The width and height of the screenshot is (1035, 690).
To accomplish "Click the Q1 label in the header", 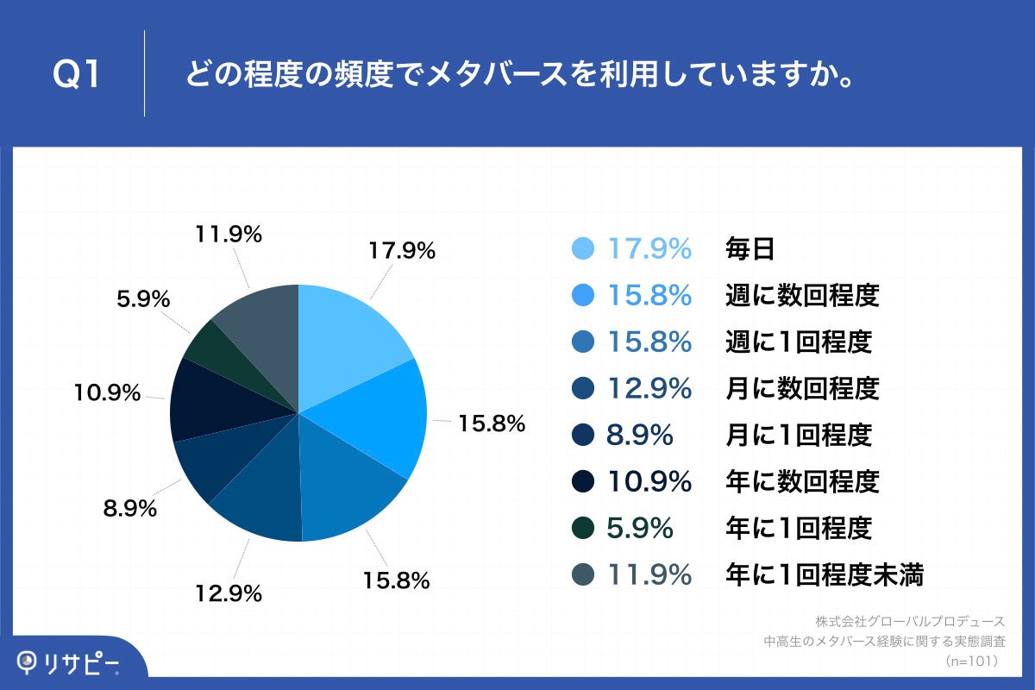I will click(78, 74).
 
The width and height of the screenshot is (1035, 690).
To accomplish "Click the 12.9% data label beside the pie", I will click(229, 593).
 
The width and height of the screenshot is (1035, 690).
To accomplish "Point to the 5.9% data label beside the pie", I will click(142, 299).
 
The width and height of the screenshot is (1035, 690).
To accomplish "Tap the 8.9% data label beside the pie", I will click(129, 509).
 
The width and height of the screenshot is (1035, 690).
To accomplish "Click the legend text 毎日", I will click(750, 249).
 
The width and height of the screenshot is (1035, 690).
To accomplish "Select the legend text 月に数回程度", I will click(801, 389).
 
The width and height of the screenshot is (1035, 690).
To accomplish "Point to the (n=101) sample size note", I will click(972, 661).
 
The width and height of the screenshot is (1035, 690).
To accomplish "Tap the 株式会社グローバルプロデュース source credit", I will click(910, 621).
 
